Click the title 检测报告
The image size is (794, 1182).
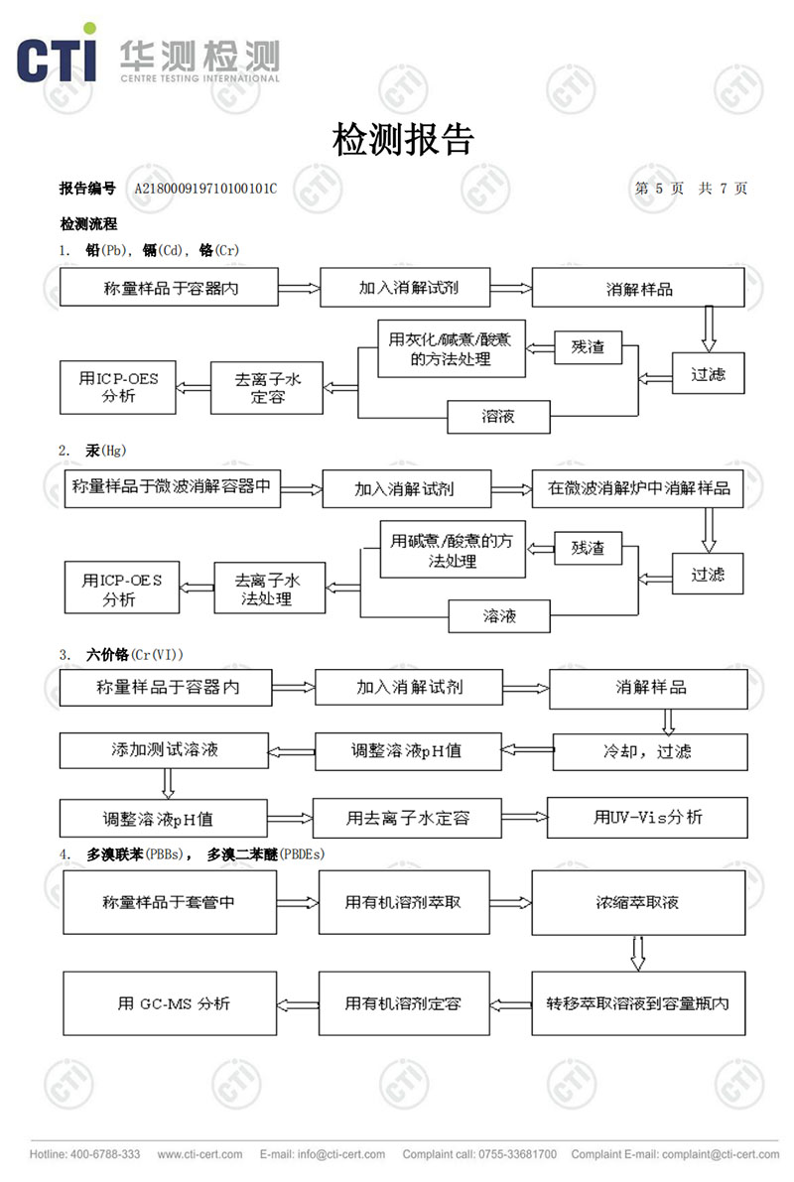pos(403,140)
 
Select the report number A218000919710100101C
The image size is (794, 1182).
pos(205,189)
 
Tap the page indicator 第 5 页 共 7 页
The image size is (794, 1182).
pos(691,189)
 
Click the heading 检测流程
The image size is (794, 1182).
pos(88,224)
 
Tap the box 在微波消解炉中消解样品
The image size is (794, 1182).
pos(638,488)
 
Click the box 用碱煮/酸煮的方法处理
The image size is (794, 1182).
pos(453,550)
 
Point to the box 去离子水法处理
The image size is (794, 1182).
pos(268,589)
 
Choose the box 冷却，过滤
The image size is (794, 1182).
pos(649,751)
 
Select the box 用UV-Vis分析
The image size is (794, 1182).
pos(648,818)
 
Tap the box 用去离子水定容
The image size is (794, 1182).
pos(407,819)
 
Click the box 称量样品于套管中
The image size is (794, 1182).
pos(168,902)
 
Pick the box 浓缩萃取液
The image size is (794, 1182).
pos(638,902)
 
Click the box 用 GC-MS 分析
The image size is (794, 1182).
pos(174,1003)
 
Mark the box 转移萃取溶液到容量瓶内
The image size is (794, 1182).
pos(638,1003)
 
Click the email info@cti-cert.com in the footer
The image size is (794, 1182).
pos(323,1154)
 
